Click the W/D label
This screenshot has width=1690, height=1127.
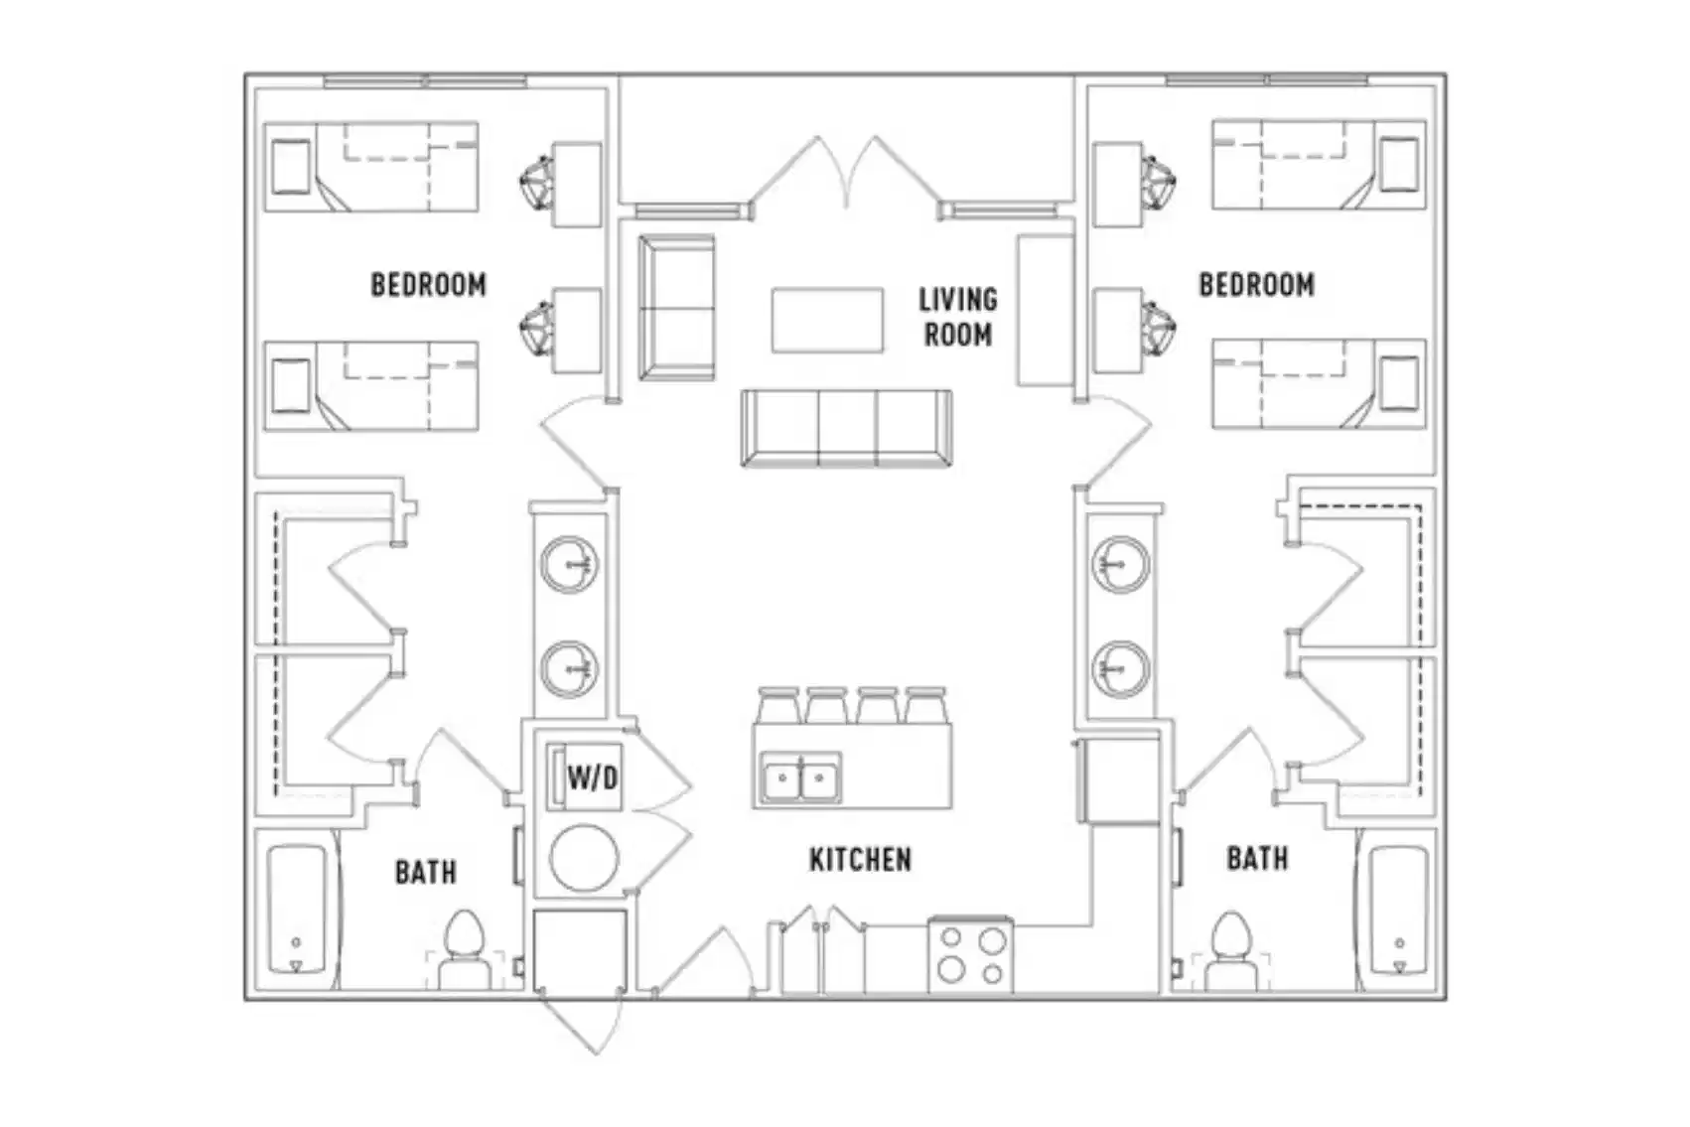[592, 777]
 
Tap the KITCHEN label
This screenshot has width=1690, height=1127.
[860, 860]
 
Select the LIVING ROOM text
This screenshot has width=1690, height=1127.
[957, 318]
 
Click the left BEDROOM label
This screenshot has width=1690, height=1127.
[428, 285]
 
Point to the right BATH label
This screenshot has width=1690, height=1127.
[1257, 858]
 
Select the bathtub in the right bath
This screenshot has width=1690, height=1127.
[1398, 910]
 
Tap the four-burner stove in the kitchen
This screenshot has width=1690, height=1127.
[971, 955]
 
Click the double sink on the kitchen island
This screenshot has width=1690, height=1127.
[799, 778]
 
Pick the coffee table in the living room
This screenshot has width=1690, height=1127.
[827, 320]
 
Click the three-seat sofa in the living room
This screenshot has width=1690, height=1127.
[846, 428]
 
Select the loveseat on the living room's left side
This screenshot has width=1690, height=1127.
[676, 308]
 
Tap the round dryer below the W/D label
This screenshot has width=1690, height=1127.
[584, 857]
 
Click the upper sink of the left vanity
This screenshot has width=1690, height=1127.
[569, 565]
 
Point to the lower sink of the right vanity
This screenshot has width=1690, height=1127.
[1121, 668]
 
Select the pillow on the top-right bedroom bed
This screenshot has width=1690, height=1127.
[1398, 165]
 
